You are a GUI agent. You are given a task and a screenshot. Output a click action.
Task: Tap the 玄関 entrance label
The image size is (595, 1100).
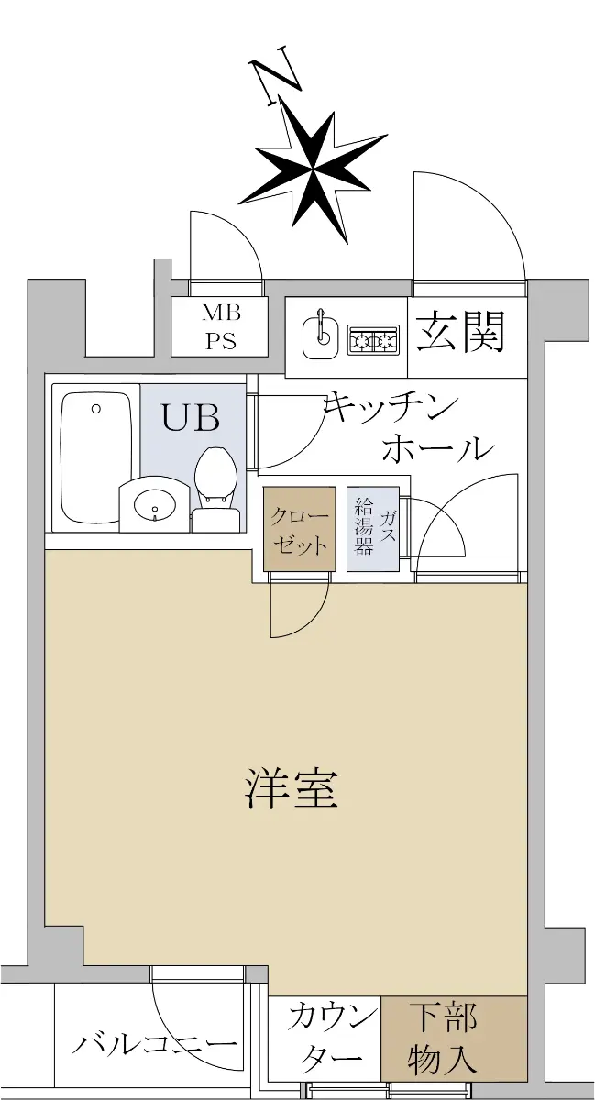(460, 332)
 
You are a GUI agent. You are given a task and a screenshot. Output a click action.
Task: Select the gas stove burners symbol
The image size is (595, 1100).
(374, 340)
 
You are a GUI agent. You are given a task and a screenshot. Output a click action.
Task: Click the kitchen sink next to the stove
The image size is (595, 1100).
(320, 338)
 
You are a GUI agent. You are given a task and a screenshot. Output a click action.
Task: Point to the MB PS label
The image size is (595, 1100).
(220, 326)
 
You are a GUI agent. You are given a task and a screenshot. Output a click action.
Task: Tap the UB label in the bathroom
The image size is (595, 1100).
(191, 418)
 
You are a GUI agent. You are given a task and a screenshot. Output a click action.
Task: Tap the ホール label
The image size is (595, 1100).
(436, 448)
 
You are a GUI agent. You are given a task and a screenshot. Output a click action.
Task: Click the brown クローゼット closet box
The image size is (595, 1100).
(300, 529)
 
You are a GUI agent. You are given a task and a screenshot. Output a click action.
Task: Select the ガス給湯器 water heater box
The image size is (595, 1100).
(373, 529)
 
